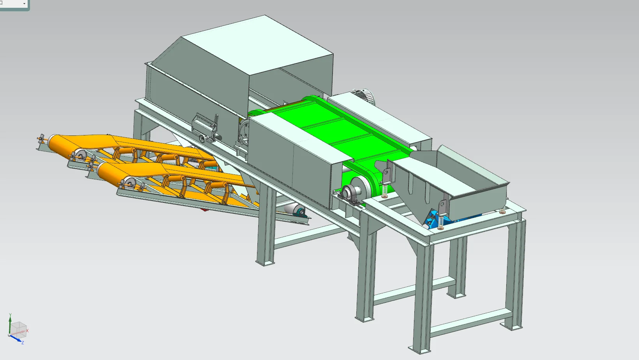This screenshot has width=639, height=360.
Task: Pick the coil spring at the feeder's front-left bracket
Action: [441, 222]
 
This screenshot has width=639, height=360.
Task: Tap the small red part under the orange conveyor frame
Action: [203, 210]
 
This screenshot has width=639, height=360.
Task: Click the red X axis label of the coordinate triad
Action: [27, 330]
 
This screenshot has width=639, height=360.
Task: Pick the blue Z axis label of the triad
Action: [23, 342]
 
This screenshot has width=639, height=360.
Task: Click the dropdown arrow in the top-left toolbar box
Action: [24, 4]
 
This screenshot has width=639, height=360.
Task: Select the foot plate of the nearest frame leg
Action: [420, 350]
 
